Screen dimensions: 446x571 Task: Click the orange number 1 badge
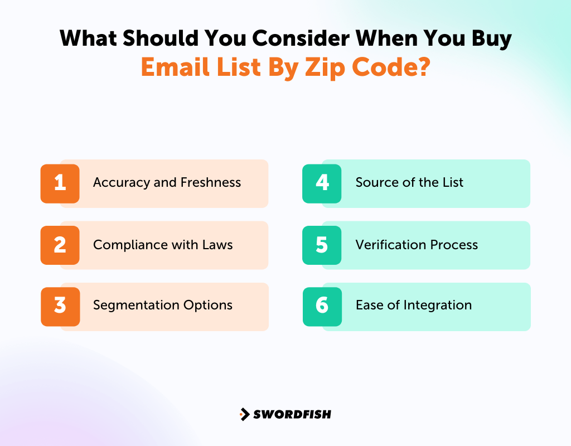[x=60, y=183]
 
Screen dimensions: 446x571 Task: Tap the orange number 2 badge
[x=60, y=245]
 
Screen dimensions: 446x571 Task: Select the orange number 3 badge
[x=60, y=306]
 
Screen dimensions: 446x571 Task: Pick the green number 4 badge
[x=322, y=183]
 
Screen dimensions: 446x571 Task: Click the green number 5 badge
[x=322, y=245]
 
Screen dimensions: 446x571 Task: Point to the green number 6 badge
[x=322, y=306]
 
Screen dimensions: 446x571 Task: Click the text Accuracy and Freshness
[x=167, y=183]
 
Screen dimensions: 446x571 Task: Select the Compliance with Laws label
[x=163, y=245]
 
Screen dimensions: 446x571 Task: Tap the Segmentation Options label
[x=163, y=306]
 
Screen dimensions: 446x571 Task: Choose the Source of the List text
[x=409, y=182]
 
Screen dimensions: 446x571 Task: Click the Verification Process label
[x=417, y=245]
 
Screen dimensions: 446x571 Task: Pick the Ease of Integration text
[x=414, y=306]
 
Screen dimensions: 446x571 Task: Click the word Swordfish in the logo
[x=292, y=414]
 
